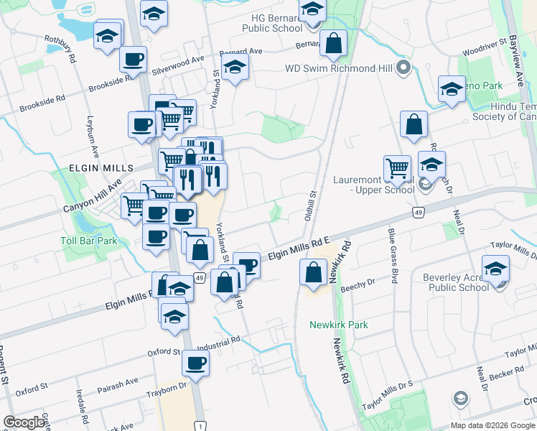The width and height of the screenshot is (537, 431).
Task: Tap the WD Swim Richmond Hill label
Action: coord(340,68)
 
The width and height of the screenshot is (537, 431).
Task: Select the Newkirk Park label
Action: coord(338,325)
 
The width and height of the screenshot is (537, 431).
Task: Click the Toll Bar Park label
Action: coord(88,241)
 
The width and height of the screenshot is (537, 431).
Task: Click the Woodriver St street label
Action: coord(484,52)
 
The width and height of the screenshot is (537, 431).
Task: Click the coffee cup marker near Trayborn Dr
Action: coord(195,363)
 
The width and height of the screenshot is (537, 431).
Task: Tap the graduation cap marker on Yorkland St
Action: coord(235,68)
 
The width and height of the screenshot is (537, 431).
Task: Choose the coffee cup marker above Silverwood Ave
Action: coord(133,60)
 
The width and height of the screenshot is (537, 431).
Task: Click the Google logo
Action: coord(24,422)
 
